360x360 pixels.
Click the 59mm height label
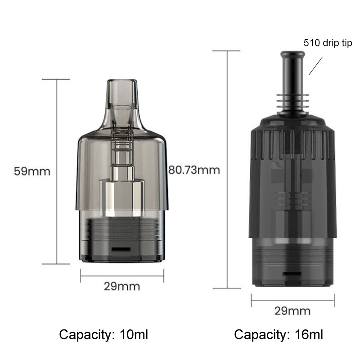(32, 171)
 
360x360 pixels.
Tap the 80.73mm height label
(194, 170)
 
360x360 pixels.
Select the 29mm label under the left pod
(122, 287)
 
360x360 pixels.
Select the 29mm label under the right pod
(292, 311)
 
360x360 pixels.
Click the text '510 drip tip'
(328, 43)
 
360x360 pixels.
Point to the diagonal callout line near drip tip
(316, 66)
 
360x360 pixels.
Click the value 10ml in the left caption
(134, 334)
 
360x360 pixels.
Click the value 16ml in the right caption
(309, 334)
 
